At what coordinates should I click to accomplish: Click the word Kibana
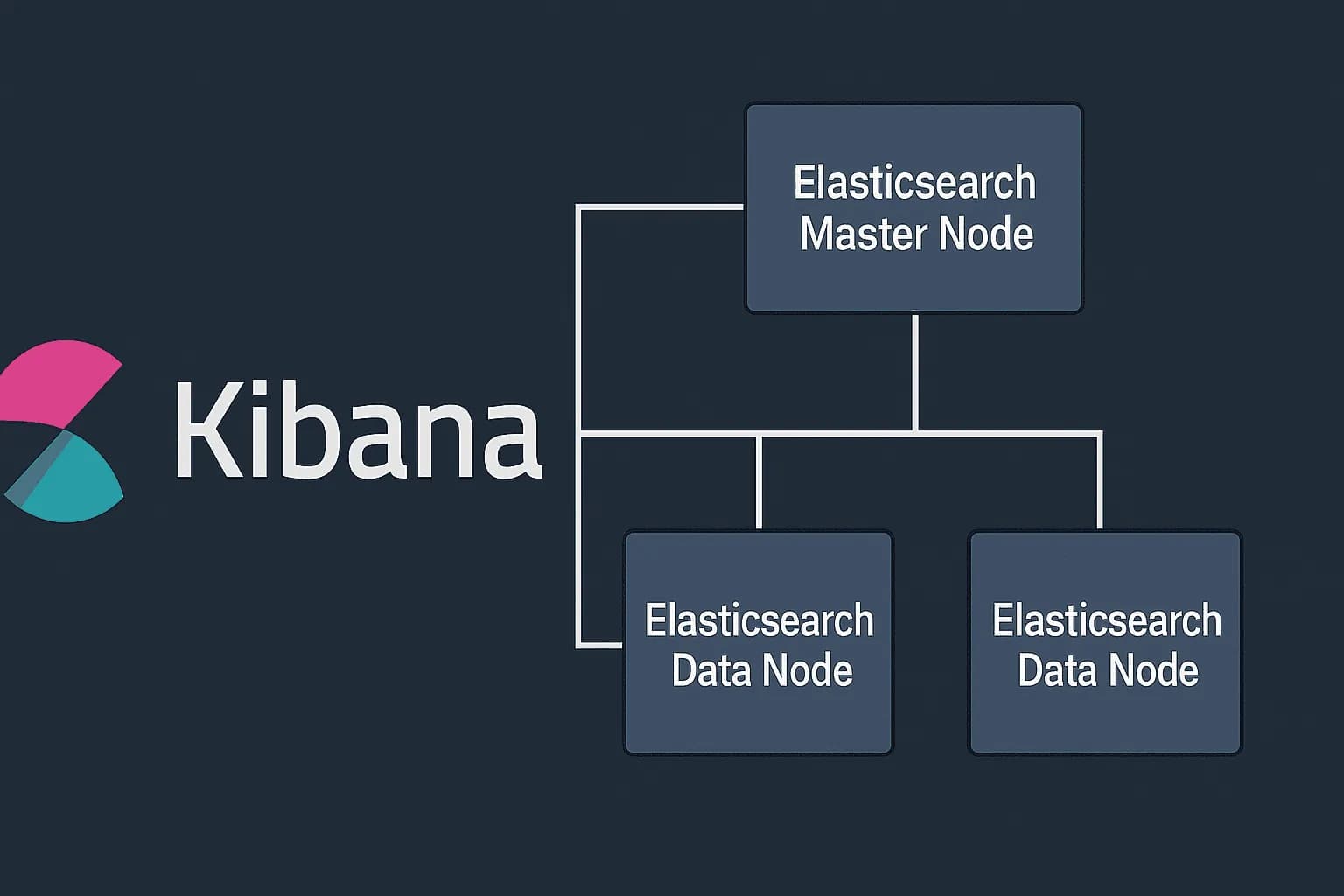[359, 430]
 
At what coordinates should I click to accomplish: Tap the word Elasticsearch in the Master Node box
[914, 183]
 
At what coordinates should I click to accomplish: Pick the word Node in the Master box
[985, 234]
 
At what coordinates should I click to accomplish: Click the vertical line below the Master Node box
[914, 372]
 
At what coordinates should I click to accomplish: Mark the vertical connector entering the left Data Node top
[759, 481]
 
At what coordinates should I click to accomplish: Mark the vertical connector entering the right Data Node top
[1100, 481]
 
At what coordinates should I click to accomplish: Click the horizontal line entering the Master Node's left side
[661, 206]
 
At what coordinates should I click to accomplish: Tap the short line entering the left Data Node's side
[600, 646]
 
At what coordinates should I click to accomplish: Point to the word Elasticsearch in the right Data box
[1106, 620]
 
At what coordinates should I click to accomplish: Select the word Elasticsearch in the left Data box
[759, 620]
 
